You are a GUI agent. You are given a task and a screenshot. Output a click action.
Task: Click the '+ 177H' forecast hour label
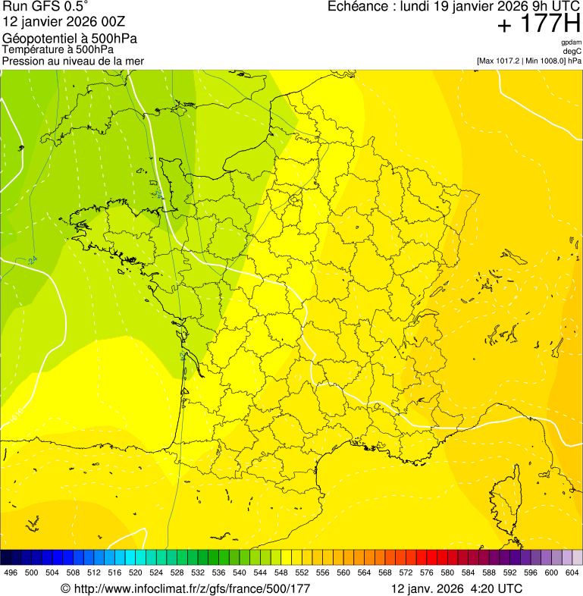coord(538,25)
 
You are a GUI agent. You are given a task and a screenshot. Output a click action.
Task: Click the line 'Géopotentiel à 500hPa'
coord(70,39)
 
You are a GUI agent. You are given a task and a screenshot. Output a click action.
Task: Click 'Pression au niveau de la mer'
coord(73,61)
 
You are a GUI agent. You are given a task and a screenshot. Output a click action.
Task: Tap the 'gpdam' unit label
coord(571,42)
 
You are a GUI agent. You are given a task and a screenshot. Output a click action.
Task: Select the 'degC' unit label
coord(572,52)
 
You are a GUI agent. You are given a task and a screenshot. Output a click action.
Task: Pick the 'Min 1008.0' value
coord(544,61)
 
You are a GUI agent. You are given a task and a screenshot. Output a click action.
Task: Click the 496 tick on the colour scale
coord(11,572)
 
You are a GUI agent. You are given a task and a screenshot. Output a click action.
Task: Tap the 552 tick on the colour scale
coord(302,572)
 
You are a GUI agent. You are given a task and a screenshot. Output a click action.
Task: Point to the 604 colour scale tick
coord(572,572)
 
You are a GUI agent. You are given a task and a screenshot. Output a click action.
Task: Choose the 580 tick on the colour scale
coord(447,572)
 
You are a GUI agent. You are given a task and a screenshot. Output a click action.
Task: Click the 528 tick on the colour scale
coord(177,572)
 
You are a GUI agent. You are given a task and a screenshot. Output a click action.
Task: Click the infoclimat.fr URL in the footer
coord(191,588)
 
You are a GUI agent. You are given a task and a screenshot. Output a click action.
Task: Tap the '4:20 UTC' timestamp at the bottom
coord(497,588)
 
